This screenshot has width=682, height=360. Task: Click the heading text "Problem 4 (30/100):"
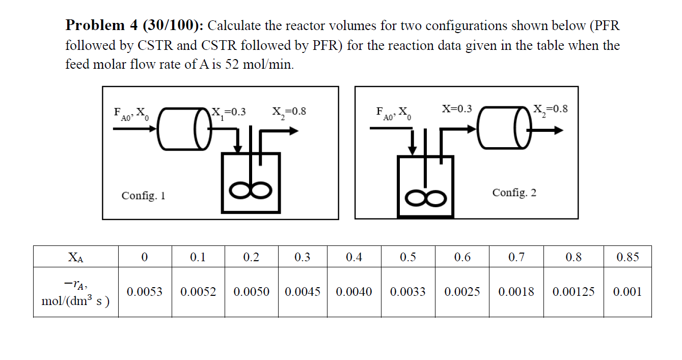click(134, 25)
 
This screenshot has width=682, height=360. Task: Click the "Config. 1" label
click(143, 196)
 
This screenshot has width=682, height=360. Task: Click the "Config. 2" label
click(514, 192)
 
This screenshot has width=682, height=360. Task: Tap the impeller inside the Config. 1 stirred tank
click(250, 190)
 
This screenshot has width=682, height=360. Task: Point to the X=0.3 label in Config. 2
click(457, 108)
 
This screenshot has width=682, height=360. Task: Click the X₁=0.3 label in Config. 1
click(229, 112)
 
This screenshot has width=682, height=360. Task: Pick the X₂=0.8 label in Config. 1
click(289, 112)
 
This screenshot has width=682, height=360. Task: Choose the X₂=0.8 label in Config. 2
click(550, 109)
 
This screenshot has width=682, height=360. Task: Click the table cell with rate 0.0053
click(145, 292)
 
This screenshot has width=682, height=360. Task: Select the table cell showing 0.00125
click(573, 292)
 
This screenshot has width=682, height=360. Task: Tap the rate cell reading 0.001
click(628, 292)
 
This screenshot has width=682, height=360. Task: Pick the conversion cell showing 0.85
click(628, 257)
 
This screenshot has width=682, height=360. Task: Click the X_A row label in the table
click(76, 257)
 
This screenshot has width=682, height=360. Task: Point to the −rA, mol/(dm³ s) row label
click(76, 292)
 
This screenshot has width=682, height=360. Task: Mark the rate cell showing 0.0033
click(407, 292)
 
